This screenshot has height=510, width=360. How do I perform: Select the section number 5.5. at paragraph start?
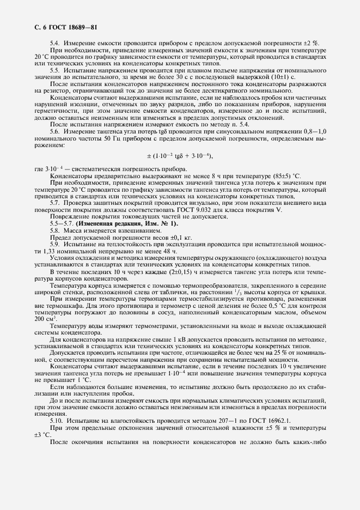click(x=56, y=70)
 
